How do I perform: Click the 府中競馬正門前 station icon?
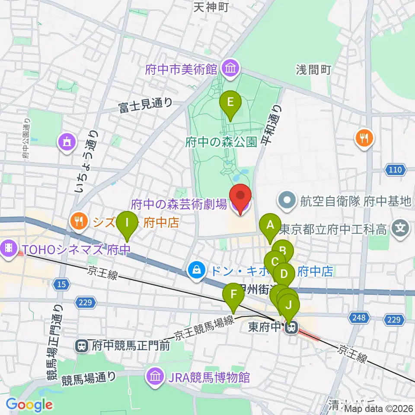[80, 345]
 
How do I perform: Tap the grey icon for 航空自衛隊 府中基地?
[287, 201]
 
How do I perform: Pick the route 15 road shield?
[61, 284]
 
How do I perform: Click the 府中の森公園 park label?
[221, 142]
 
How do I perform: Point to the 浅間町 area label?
[313, 70]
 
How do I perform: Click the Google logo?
[29, 405]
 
